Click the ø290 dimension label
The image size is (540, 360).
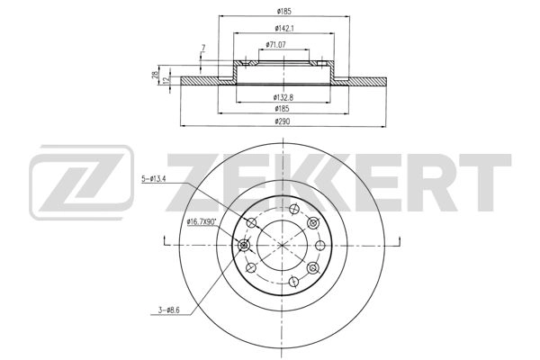tap(282, 121)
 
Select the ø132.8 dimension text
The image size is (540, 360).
tap(282, 96)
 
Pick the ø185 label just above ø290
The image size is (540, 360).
tap(282, 108)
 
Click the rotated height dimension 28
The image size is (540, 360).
tap(156, 76)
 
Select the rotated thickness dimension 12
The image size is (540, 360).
tap(166, 79)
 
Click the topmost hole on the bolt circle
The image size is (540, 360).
tap(292, 207)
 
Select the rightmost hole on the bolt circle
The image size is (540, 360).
tap(321, 243)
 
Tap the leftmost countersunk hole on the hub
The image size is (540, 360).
tap(242, 244)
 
